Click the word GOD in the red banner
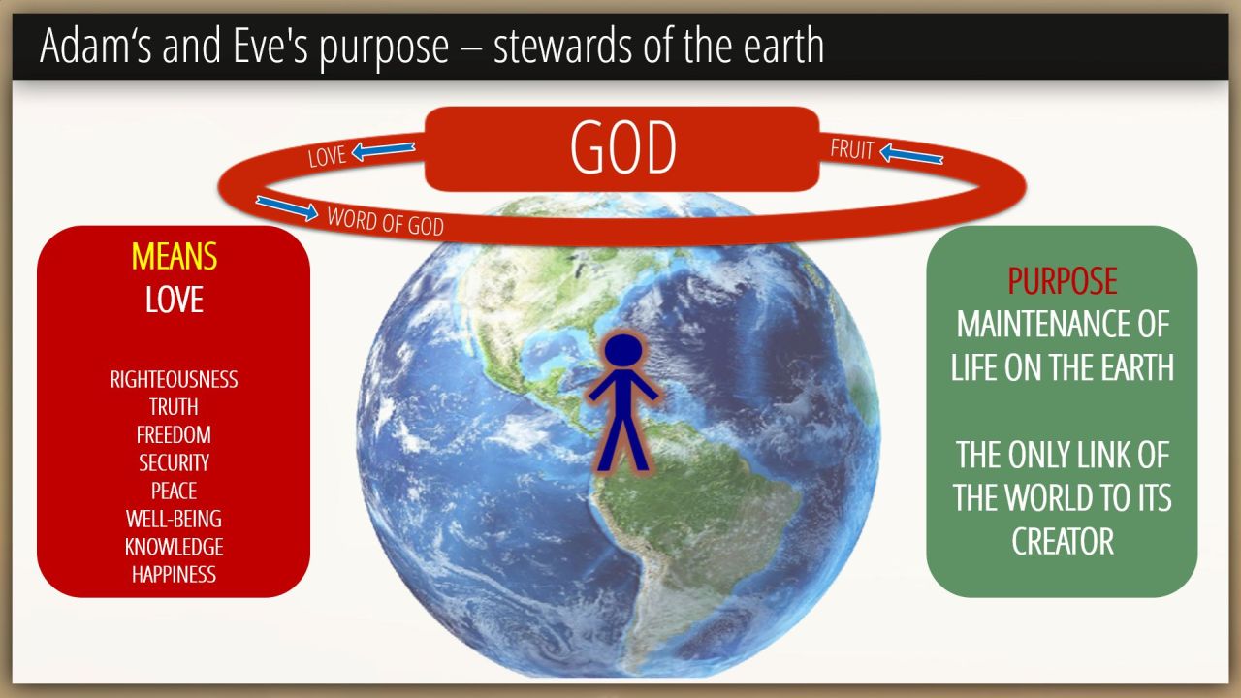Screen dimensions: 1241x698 click(622, 148)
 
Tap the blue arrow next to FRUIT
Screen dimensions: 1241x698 click(910, 154)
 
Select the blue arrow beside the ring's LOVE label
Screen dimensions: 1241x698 click(383, 150)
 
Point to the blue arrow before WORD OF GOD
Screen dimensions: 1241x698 click(287, 207)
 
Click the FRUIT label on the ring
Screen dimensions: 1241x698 click(851, 149)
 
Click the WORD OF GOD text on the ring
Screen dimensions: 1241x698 click(386, 222)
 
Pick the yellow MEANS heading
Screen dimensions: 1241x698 click(174, 257)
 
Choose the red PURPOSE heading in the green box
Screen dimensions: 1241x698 click(1062, 281)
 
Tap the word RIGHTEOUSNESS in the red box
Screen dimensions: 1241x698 click(174, 379)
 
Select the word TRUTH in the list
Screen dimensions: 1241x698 click(174, 407)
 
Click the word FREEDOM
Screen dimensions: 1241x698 click(174, 435)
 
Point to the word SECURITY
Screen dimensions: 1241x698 click(174, 463)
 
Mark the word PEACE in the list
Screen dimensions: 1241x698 click(174, 491)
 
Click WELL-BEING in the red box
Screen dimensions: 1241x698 click(174, 519)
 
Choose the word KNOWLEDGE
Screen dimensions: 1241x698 click(174, 547)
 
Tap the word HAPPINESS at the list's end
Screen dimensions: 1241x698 click(174, 575)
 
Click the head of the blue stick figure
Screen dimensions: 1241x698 click(623, 350)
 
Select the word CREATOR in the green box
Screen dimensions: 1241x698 click(1063, 541)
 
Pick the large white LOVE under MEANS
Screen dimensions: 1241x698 click(174, 300)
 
